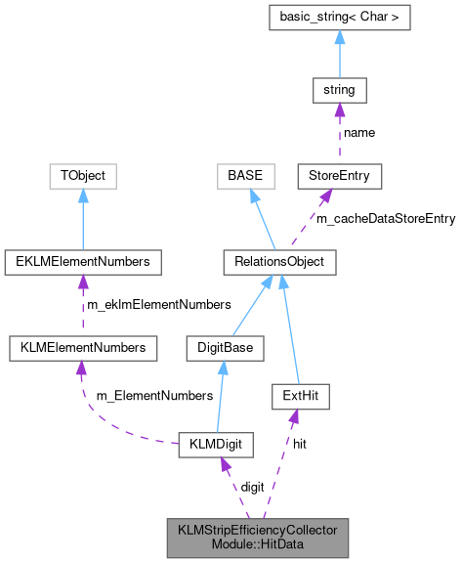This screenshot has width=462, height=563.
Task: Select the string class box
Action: [x=338, y=91]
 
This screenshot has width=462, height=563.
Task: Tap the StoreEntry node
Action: [x=339, y=177]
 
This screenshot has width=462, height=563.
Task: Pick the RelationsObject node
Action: [x=279, y=262]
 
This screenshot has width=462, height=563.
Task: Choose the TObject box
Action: [x=83, y=177]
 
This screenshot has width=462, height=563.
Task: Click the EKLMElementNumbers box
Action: [x=83, y=262]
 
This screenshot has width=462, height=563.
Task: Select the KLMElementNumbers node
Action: [x=77, y=347]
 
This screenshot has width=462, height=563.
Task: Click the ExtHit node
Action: [x=300, y=396]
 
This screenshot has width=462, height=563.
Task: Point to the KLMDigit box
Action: [x=216, y=446]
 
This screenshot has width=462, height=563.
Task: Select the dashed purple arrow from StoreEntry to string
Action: [x=338, y=134]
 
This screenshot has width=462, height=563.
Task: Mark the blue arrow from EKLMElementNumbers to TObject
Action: [x=83, y=219]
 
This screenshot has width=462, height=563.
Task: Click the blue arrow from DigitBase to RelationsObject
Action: [x=253, y=304]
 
